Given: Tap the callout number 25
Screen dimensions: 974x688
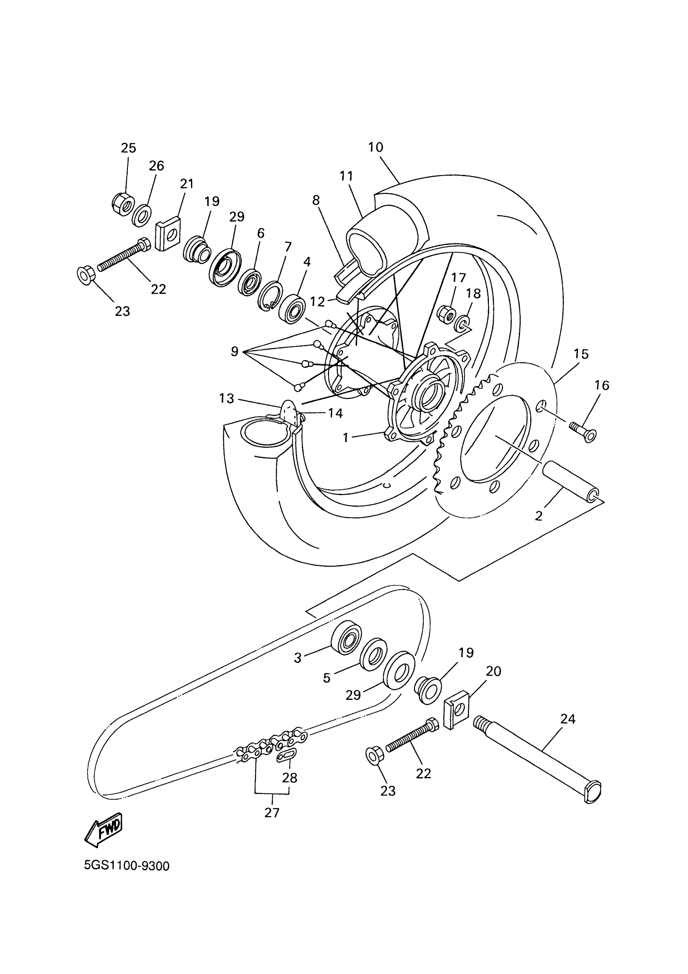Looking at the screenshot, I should tap(128, 148).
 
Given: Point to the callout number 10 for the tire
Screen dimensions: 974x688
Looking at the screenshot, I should tap(376, 147).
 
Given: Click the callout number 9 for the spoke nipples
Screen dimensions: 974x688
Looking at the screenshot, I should tap(234, 351).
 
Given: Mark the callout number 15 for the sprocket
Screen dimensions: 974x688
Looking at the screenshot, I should tap(581, 354).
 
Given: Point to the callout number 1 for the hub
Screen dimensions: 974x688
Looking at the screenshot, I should tap(346, 437).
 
